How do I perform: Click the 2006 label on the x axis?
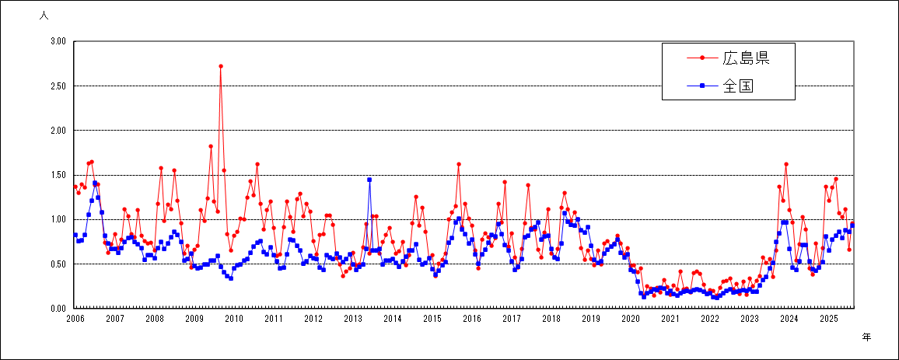tap(75, 319)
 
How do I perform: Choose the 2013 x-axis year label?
tap(353, 319)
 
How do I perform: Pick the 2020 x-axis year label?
tap(631, 319)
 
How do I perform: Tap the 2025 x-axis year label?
tap(829, 319)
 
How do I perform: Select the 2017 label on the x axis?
tap(512, 319)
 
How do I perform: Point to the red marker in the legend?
tap(703, 58)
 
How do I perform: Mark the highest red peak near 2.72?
tap(221, 66)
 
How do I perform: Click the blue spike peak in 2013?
tap(369, 180)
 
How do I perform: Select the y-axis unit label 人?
tap(44, 15)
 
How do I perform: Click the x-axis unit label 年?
tap(866, 336)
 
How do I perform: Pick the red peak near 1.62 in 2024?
tap(786, 164)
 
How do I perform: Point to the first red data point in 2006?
tap(75, 187)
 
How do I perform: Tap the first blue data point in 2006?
tap(75, 235)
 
